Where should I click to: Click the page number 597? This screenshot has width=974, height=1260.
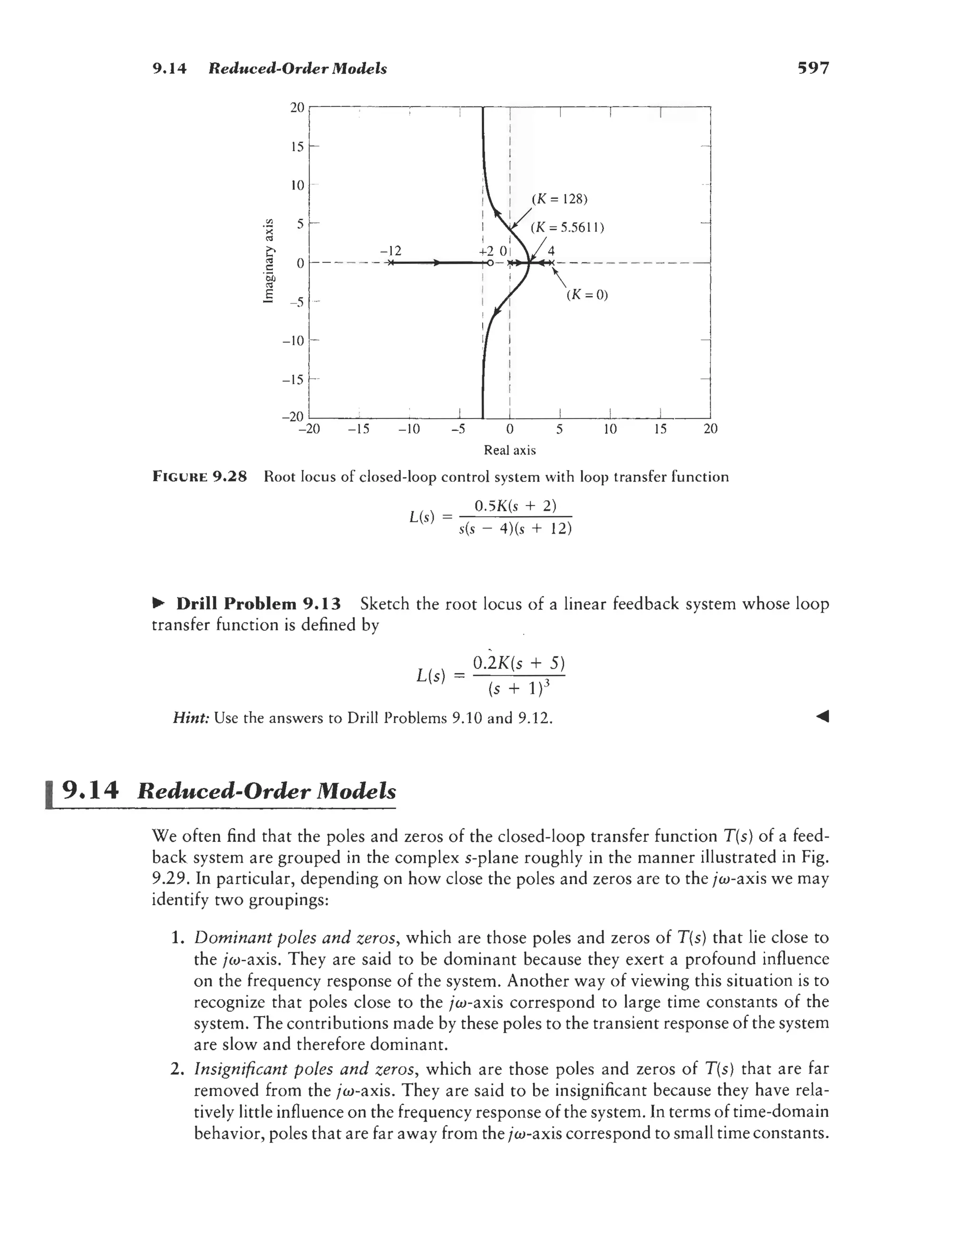[x=812, y=68]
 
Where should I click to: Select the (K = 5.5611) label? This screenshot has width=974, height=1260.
[x=566, y=227]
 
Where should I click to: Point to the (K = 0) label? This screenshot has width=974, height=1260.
[x=587, y=295]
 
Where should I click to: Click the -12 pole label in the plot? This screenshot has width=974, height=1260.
[x=390, y=251]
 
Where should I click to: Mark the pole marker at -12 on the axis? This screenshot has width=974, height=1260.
[x=390, y=263]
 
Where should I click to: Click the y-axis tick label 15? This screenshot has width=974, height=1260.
[x=297, y=147]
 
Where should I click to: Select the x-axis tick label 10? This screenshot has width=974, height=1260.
[x=610, y=429]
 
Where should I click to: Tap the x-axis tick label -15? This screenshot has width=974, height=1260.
[x=359, y=429]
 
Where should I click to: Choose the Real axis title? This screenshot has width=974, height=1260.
[x=509, y=450]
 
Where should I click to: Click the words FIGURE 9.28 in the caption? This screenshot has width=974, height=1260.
[x=200, y=477]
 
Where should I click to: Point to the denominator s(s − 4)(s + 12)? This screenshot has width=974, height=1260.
[x=515, y=528]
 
